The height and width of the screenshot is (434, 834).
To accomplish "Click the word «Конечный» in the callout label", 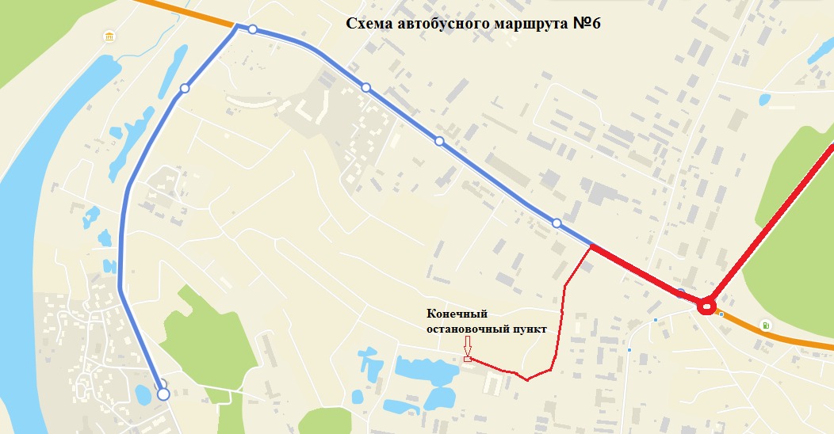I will [x=456, y=314].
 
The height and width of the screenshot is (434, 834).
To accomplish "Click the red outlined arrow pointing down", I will [x=467, y=345].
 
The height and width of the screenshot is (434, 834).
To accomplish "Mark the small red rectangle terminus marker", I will [x=467, y=360].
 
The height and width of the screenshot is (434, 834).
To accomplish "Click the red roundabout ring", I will [x=706, y=305].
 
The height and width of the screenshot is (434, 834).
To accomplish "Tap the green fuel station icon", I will [x=766, y=325].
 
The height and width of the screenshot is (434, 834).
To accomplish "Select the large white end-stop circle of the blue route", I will [x=163, y=394].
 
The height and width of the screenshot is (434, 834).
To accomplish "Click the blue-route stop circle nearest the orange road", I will [x=252, y=29].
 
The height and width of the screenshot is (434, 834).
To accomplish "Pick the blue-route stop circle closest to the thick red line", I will [x=557, y=223].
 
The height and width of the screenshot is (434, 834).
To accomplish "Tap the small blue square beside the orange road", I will [x=721, y=314].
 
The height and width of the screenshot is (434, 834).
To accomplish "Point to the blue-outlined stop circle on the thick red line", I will [x=681, y=292].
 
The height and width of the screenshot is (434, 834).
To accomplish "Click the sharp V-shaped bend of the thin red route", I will [x=526, y=379].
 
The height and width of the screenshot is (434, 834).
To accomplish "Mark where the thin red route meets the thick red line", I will [x=591, y=247].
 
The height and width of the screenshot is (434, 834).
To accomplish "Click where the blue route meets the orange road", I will [x=236, y=26].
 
